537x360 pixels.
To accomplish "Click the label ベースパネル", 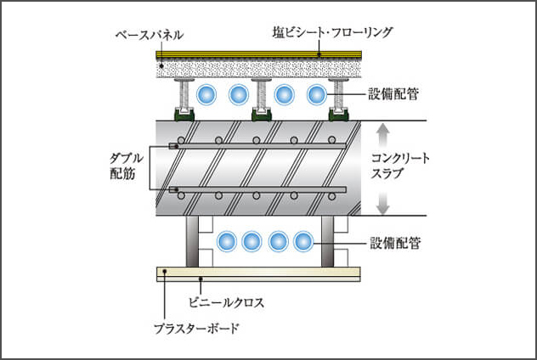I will (149, 35).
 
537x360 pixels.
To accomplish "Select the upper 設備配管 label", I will (398, 94).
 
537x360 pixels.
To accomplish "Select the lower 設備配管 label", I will (398, 243).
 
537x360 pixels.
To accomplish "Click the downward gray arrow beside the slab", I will (382, 202).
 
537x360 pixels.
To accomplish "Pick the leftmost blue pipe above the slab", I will (206, 94).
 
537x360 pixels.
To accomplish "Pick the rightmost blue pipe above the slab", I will (317, 94).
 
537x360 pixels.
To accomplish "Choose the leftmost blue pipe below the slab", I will (227, 242).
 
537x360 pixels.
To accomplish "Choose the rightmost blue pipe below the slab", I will (303, 242).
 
